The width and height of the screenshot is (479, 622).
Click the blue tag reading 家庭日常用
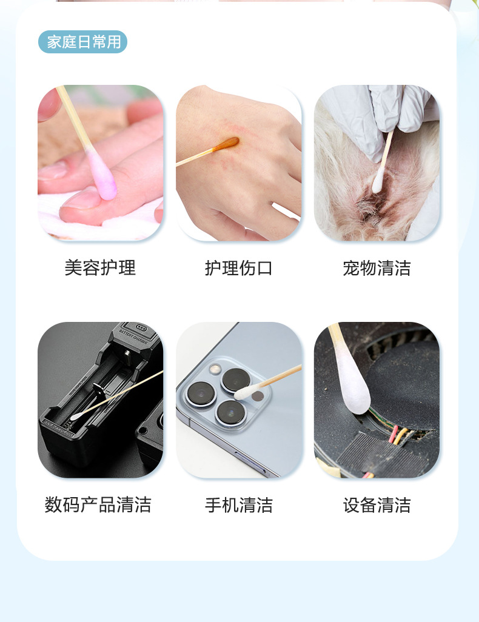click(x=82, y=42)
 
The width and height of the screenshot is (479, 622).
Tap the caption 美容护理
click(x=100, y=268)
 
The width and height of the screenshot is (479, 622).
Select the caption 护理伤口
click(x=238, y=268)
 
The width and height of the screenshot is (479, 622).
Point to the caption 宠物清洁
click(x=377, y=268)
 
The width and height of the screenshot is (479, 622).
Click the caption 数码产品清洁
click(x=98, y=504)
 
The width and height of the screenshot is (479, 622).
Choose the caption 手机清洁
click(x=238, y=504)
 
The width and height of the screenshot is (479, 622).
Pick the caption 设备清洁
click(x=377, y=504)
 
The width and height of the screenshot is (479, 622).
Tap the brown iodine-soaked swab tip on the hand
click(x=226, y=144)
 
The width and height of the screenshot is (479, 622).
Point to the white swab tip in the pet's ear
click(x=378, y=181)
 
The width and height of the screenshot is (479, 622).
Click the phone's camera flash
click(x=215, y=369)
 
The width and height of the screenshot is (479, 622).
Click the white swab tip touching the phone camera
click(x=246, y=392)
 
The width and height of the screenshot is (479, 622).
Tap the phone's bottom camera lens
click(x=231, y=413)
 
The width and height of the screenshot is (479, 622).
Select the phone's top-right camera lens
click(x=235, y=381)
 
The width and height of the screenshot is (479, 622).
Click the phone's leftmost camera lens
click(x=201, y=395)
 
